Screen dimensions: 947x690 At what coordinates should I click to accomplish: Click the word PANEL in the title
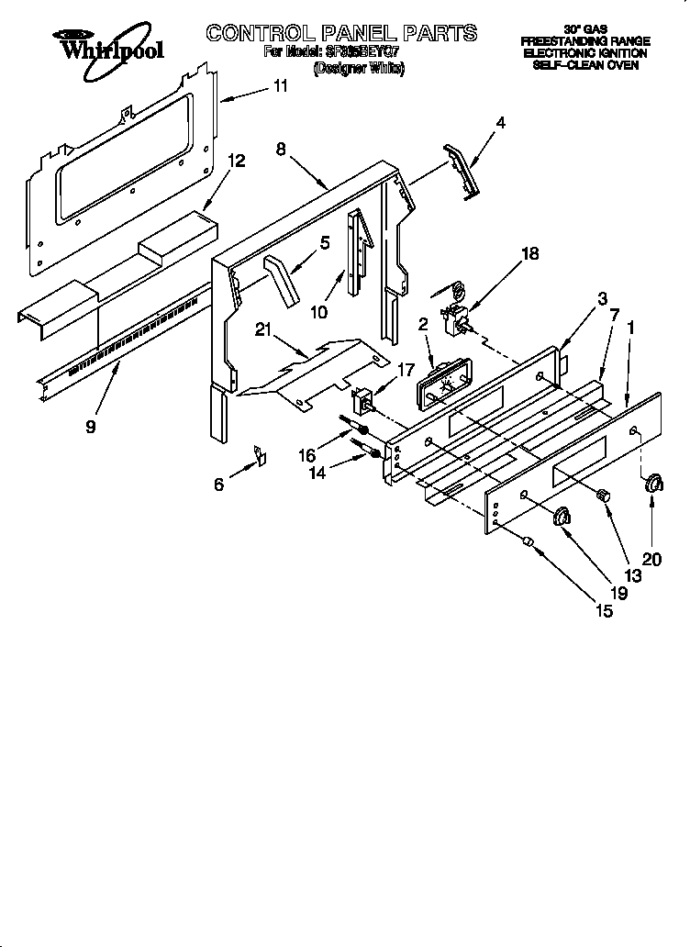point(345,33)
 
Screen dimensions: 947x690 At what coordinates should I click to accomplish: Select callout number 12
point(236,161)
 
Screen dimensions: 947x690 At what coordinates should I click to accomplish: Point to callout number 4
point(499,122)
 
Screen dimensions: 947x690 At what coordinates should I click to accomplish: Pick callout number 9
point(89,427)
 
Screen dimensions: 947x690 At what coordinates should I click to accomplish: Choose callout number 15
point(604,608)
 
